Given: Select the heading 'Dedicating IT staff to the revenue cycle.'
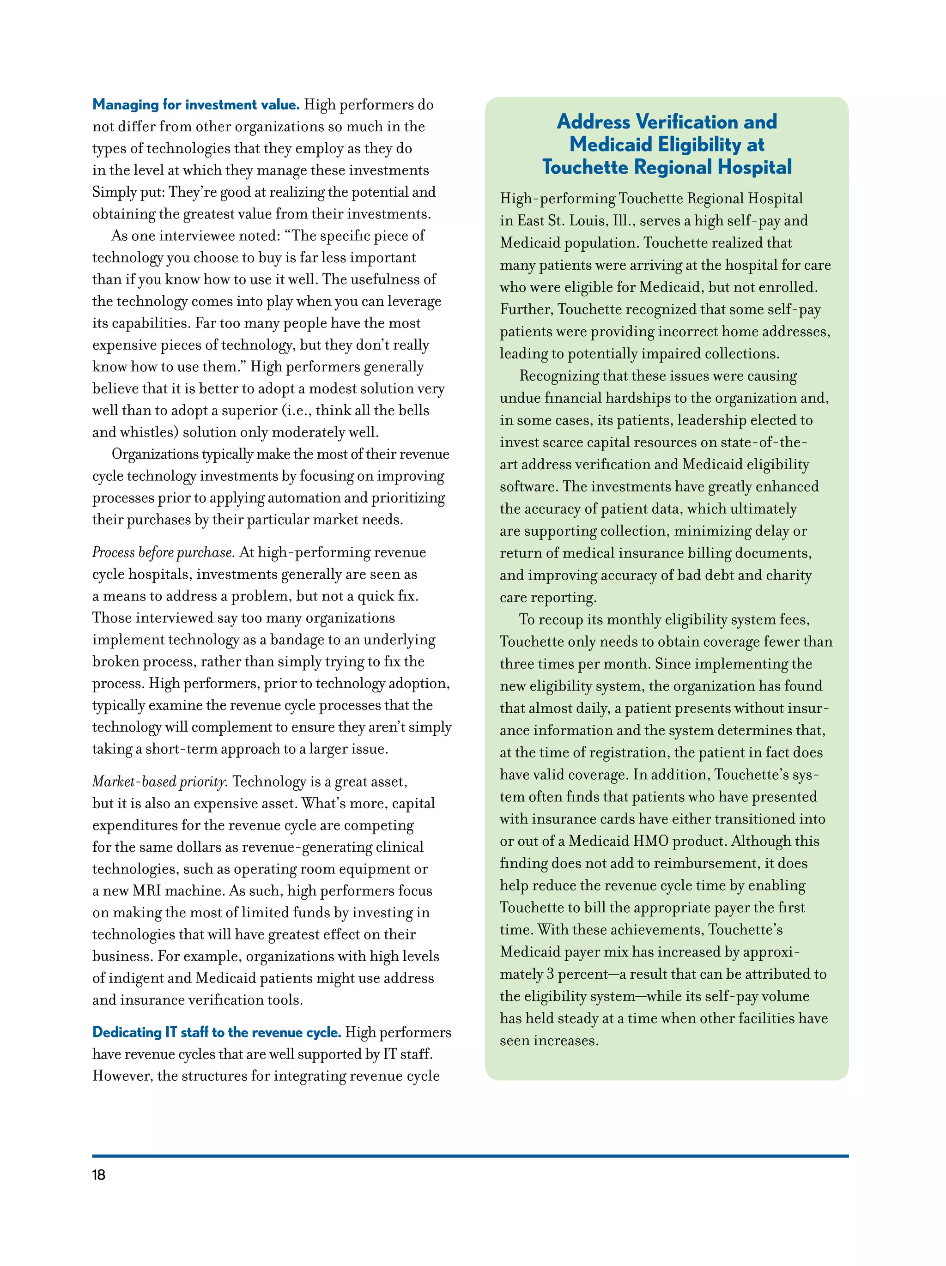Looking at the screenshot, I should tap(216, 1032).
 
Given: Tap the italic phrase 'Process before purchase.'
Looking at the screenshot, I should tap(163, 552).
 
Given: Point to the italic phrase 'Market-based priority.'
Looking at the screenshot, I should tap(160, 782).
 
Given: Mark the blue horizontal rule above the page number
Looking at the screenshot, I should tap(470, 1156).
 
